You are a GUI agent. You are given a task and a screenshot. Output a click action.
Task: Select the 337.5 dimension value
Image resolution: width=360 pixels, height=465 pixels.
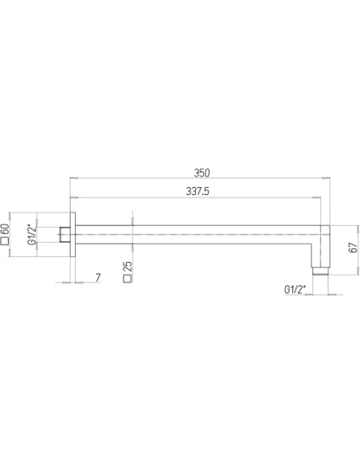[x=198, y=191]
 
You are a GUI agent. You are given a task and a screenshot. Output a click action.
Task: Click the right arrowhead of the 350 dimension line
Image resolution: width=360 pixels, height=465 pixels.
[x=328, y=178]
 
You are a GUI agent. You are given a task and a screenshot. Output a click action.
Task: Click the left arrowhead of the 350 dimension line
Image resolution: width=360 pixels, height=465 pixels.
[x=73, y=178]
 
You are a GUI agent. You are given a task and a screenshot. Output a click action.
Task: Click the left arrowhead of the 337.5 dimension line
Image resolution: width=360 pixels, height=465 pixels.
[x=73, y=197]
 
